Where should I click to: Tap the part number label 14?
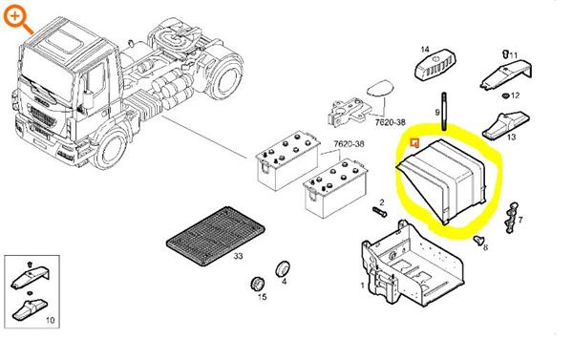click(x=425, y=49)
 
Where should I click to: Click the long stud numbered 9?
click(x=444, y=112)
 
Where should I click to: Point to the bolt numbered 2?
click(x=380, y=212)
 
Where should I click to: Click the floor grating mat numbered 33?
click(x=215, y=235)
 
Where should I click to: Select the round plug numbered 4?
click(x=282, y=269)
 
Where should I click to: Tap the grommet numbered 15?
click(x=258, y=284)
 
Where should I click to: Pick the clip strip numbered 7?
click(x=511, y=217)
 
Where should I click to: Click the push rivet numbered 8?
click(x=478, y=241)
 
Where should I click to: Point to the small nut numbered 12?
click(x=505, y=95)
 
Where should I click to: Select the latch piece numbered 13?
click(x=505, y=125)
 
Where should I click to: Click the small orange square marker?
click(x=414, y=143)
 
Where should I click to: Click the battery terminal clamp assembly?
click(x=350, y=113)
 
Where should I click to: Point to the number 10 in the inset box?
click(x=50, y=320)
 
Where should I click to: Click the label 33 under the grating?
click(x=238, y=256)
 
